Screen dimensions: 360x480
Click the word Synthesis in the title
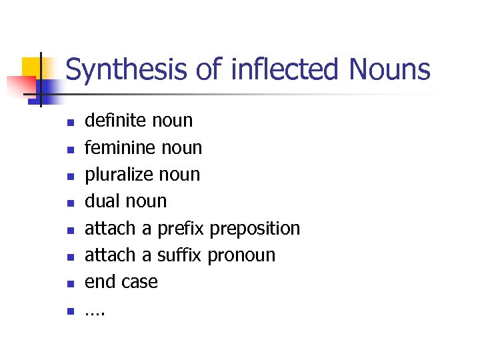click(126, 70)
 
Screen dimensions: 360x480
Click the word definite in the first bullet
click(115, 121)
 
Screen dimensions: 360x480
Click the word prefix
click(181, 228)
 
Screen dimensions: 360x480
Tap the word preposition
click(255, 228)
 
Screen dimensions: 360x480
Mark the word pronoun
click(241, 255)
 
